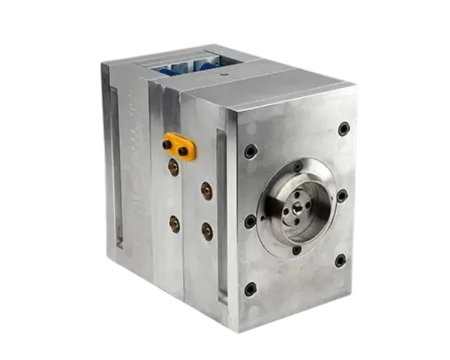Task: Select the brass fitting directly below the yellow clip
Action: point(174,163)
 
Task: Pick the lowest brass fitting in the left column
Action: point(175,223)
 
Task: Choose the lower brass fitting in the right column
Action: point(207,229)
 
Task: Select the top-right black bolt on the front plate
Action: point(343,128)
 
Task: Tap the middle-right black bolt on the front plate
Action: point(342,196)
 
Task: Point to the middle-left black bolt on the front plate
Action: point(250,221)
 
